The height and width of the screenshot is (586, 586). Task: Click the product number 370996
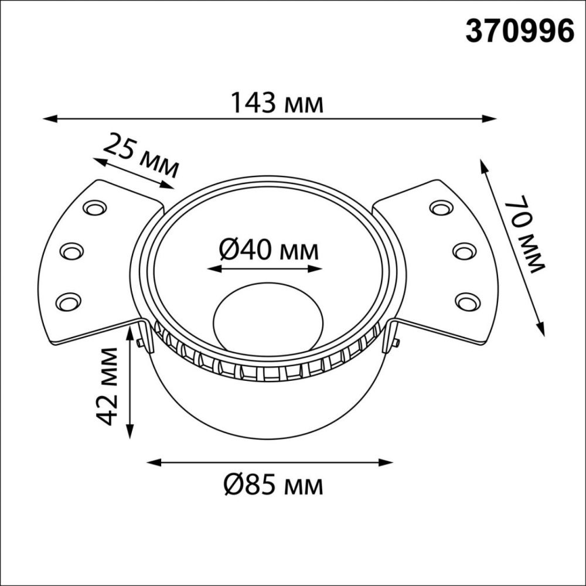pos(519,31)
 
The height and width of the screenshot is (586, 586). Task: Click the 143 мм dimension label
pos(276,103)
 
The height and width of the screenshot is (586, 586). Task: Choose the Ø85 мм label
pos(273,485)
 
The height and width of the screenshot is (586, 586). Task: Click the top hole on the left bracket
pos(93,207)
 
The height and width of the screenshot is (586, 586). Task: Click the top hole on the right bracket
pos(440,207)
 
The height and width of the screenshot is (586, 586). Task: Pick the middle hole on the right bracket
pos(464,251)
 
